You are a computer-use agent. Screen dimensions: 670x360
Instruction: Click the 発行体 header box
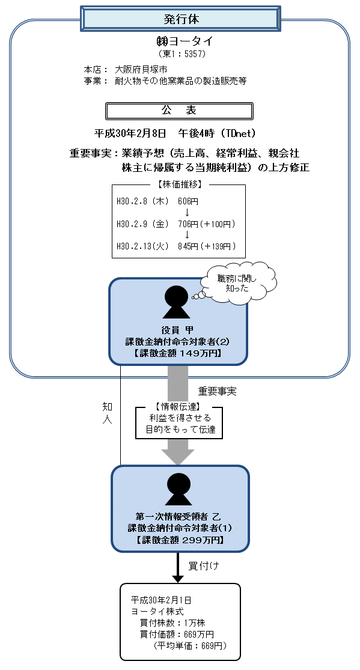coord(180,18)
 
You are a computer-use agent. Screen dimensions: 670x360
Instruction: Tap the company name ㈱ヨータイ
coord(180,41)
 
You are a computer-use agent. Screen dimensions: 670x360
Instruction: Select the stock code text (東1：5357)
coord(180,54)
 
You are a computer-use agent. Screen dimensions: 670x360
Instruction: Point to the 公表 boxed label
coord(178,111)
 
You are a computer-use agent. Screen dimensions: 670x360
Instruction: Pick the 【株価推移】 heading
coord(178,184)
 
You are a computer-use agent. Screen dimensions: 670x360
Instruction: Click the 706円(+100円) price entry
coord(206,224)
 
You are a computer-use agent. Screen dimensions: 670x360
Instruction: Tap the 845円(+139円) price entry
coord(206,246)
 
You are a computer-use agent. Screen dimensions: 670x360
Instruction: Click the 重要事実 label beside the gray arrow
coord(217,391)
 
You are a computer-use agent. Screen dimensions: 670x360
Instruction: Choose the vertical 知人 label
coord(107,413)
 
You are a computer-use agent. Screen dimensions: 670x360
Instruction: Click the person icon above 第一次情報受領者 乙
coord(178,489)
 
